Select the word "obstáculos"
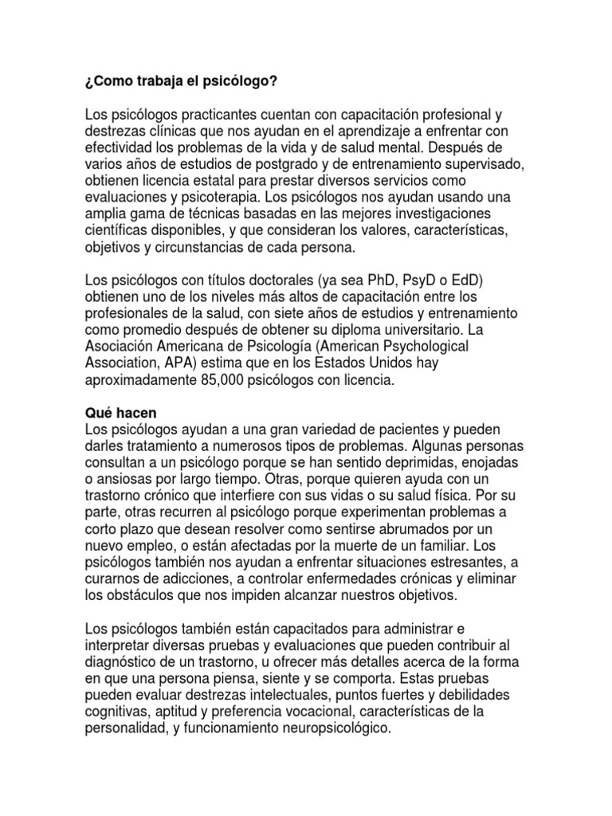point(139,595)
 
